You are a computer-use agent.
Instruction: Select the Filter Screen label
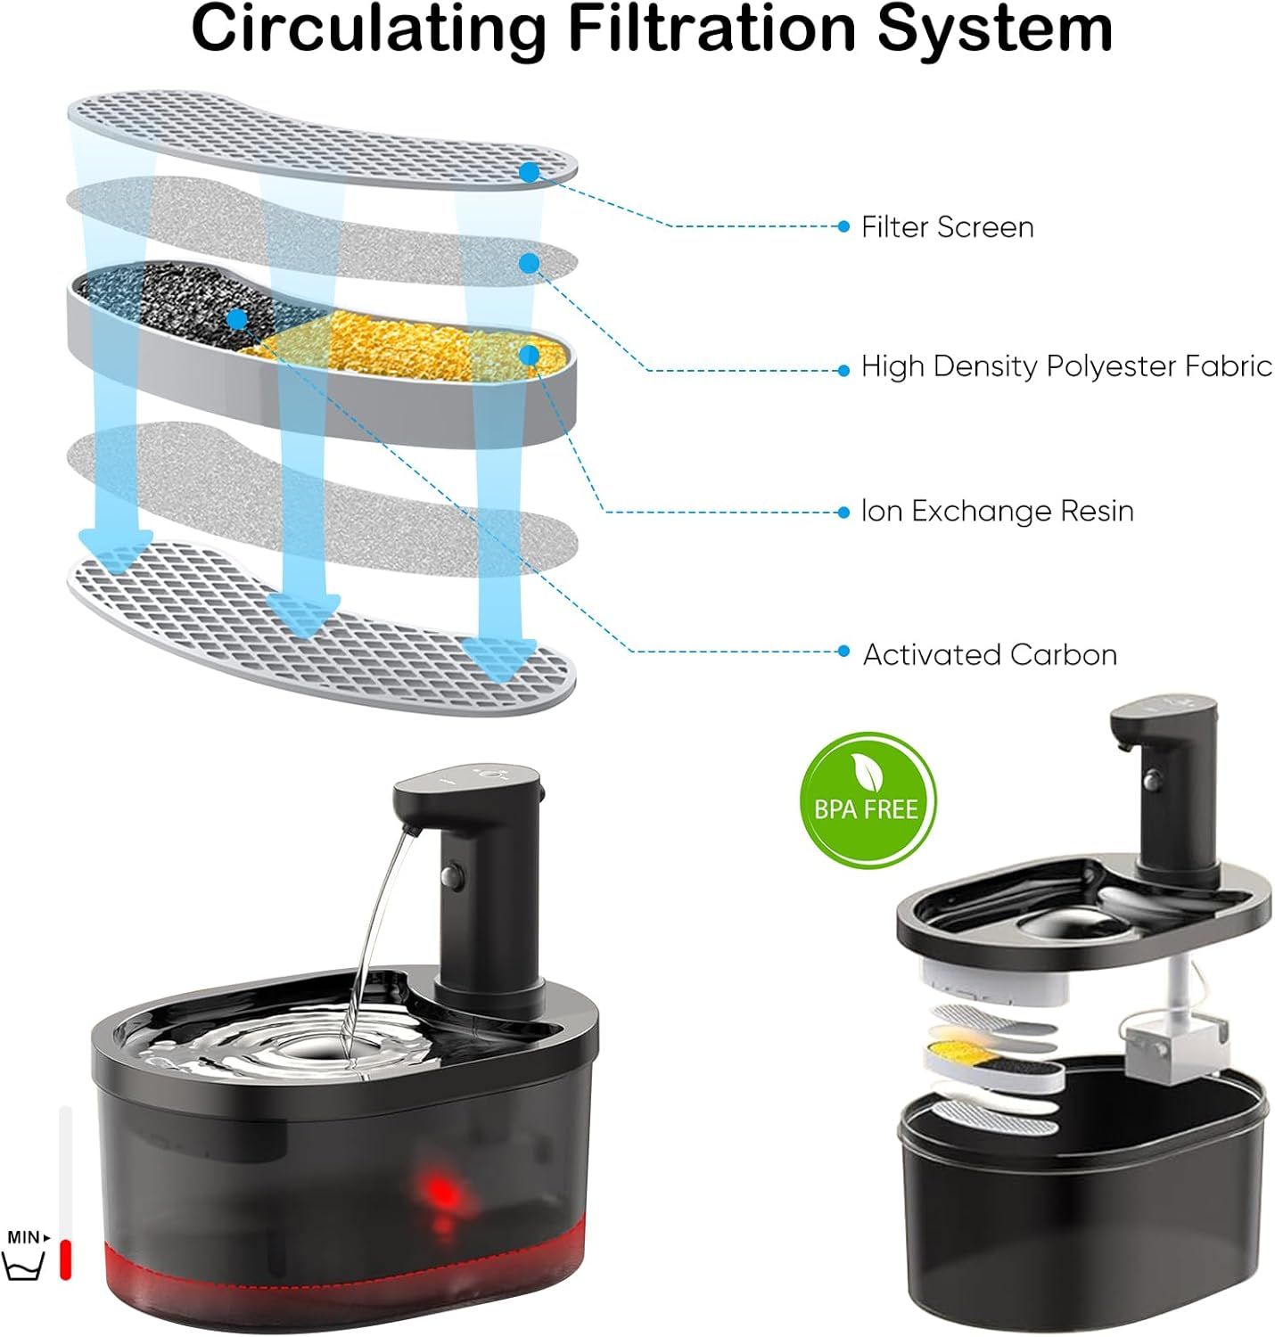(947, 227)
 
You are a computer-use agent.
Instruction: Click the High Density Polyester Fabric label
(1065, 366)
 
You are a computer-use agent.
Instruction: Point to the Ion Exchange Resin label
(997, 512)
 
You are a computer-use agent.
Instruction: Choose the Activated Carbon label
(990, 655)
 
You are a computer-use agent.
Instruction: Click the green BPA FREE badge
(868, 800)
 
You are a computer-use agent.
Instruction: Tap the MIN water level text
(24, 1237)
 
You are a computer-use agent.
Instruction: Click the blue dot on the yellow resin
(530, 356)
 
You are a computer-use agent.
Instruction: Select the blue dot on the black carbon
(237, 318)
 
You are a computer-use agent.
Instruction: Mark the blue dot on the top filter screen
(530, 172)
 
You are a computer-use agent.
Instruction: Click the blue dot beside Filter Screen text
(843, 226)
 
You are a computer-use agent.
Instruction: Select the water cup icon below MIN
(24, 1267)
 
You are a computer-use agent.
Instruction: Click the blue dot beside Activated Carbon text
(843, 652)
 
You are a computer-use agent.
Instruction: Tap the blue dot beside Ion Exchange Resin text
(843, 512)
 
